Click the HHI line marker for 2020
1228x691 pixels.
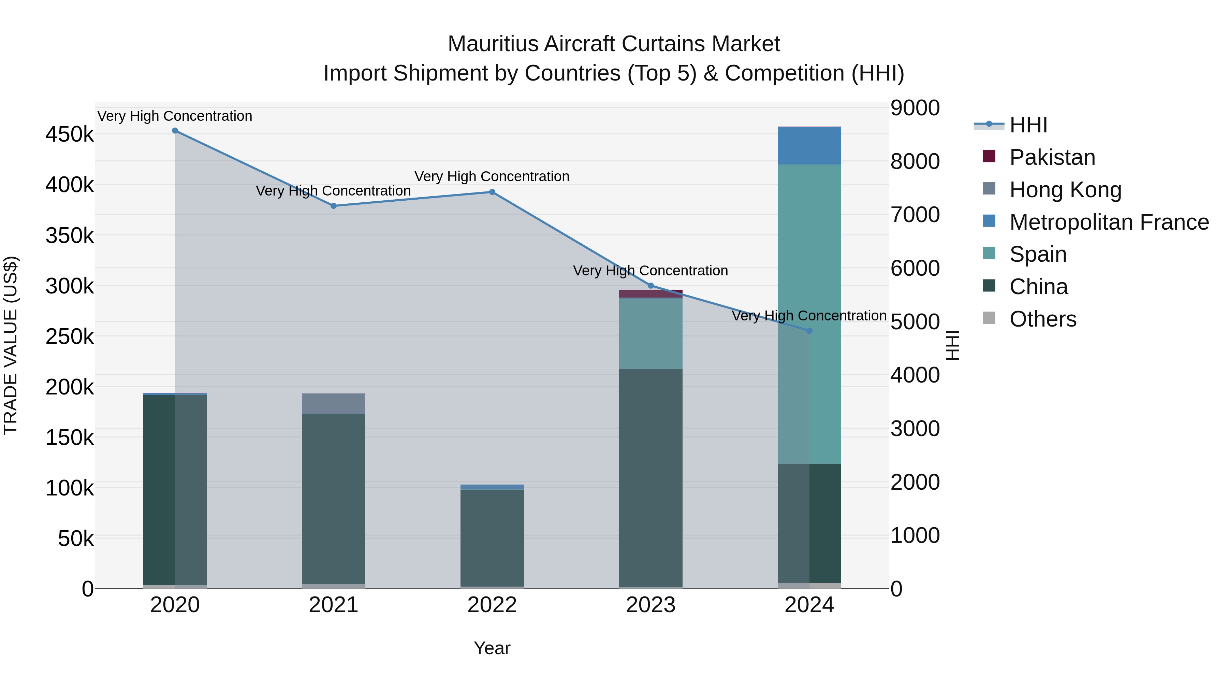pyautogui.click(x=175, y=131)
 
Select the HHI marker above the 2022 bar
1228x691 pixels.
pyautogui.click(x=492, y=192)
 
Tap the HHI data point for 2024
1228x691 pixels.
pyautogui.click(x=809, y=330)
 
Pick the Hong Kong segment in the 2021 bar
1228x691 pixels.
pyautogui.click(x=333, y=403)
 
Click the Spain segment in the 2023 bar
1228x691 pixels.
pyautogui.click(x=651, y=333)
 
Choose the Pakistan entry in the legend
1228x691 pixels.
pyautogui.click(x=1052, y=157)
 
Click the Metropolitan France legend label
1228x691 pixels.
pyautogui.click(x=1109, y=222)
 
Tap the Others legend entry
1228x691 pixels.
pyautogui.click(x=1042, y=319)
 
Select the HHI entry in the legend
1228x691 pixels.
pyautogui.click(x=1028, y=125)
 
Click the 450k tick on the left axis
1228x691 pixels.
pyautogui.click(x=70, y=134)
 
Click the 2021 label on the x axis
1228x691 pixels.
pyautogui.click(x=333, y=605)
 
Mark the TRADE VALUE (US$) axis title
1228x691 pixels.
pyautogui.click(x=11, y=345)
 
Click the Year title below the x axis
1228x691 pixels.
pyautogui.click(x=492, y=648)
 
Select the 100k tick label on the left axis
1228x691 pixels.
pyautogui.click(x=70, y=488)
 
